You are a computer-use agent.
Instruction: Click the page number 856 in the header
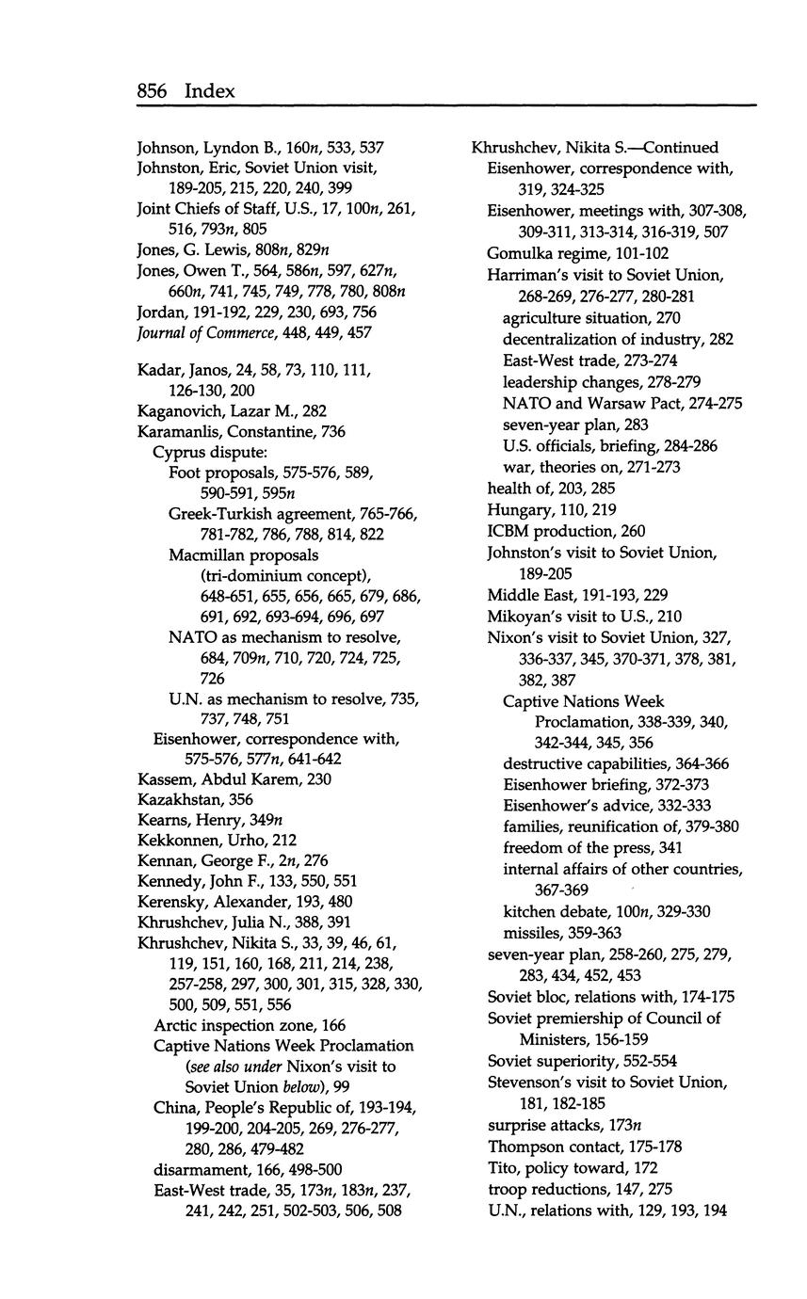point(152,90)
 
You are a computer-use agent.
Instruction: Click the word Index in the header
point(209,90)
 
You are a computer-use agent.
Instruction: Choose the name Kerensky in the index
point(169,902)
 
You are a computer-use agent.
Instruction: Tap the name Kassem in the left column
point(165,778)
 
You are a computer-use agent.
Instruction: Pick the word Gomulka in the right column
point(517,253)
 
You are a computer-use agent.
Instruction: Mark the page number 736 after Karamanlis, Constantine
point(332,431)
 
